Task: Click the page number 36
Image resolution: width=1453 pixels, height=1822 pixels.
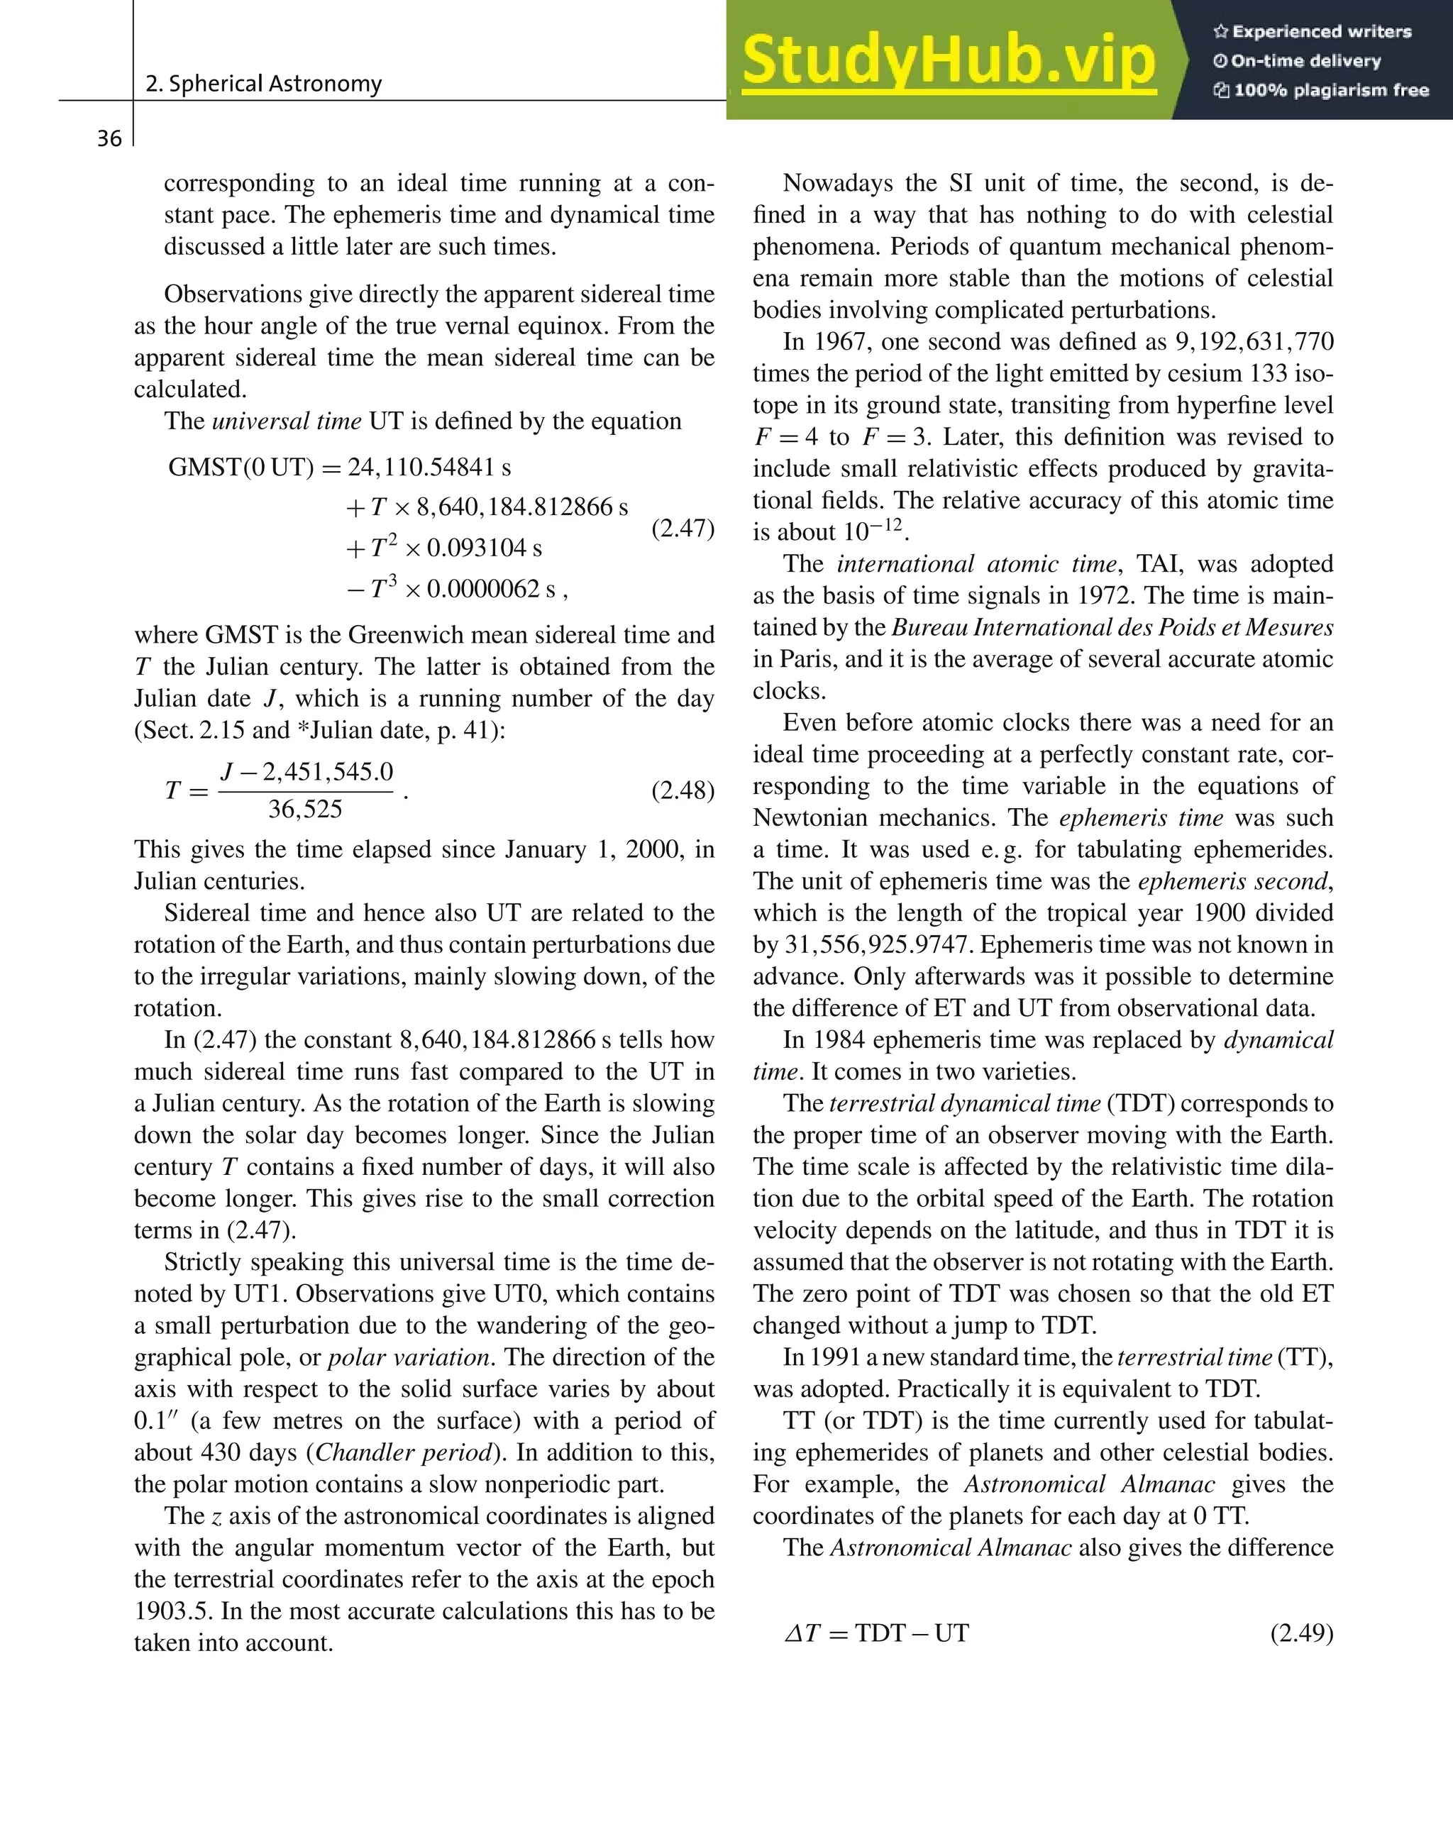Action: (x=109, y=138)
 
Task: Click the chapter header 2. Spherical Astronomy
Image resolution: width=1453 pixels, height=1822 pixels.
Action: (x=263, y=84)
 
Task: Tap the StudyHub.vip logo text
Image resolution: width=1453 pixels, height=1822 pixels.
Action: (x=948, y=61)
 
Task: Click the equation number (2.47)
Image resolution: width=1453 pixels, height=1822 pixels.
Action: (x=682, y=529)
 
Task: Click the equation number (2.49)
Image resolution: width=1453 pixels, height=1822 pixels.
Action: (x=1301, y=1633)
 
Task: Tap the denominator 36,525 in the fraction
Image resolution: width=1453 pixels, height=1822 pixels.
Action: (x=305, y=810)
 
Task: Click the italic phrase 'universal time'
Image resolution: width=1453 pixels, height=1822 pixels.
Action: (x=287, y=421)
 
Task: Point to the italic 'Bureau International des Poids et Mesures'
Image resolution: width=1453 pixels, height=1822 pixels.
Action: (x=1112, y=628)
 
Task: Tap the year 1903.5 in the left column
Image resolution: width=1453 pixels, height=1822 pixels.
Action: (x=174, y=1611)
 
